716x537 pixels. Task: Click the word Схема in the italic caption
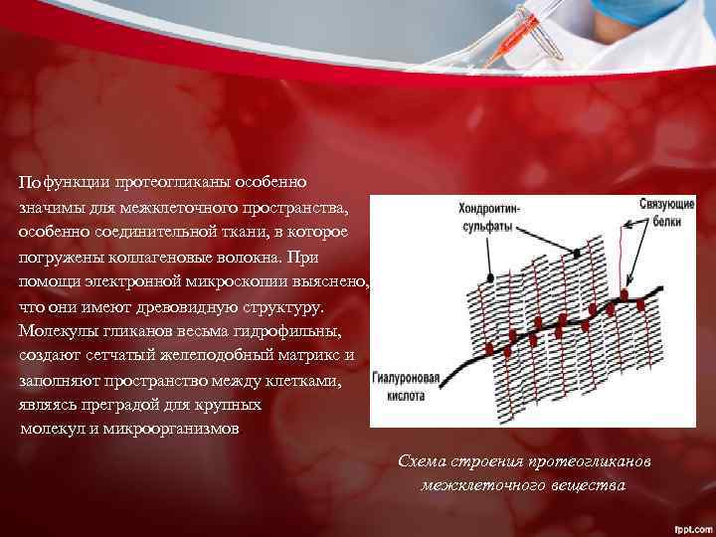[421, 462]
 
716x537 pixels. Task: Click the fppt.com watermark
[688, 526]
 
